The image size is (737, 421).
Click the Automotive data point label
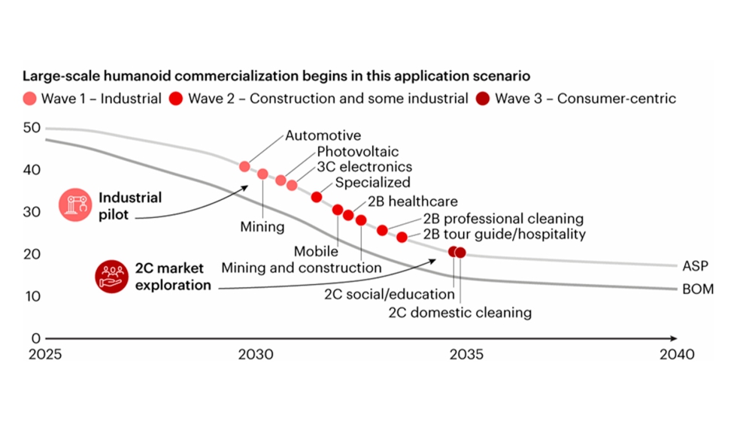(323, 136)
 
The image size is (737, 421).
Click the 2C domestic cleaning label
(460, 312)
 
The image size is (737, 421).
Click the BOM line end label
(697, 289)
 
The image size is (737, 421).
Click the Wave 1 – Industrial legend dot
(29, 98)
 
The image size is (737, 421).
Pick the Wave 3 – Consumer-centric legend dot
(483, 98)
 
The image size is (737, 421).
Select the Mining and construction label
(302, 268)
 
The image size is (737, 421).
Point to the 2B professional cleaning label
(503, 219)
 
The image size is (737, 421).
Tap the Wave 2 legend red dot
(176, 98)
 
